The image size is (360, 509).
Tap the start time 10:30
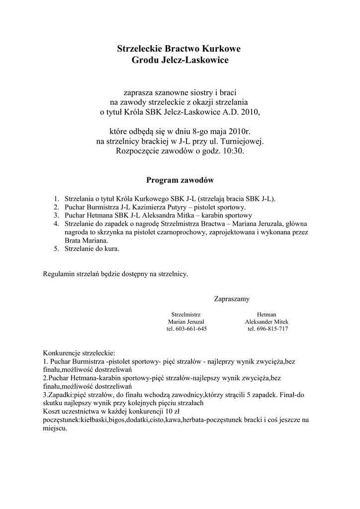click(234, 151)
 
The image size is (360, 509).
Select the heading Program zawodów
click(180, 179)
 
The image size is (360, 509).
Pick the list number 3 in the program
click(57, 216)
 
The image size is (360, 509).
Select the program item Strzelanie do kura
click(92, 249)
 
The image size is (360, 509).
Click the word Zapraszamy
click(232, 299)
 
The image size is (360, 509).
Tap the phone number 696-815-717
click(270, 329)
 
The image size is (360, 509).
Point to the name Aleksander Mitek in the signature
click(267, 322)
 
